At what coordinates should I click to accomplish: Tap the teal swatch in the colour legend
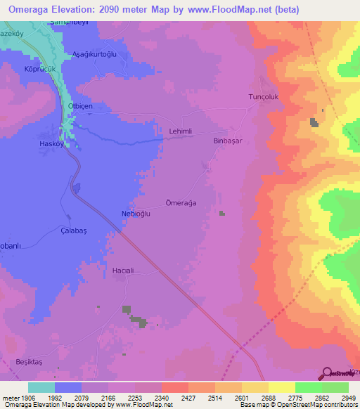tap(41, 387)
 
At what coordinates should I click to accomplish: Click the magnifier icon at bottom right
tap(326, 373)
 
